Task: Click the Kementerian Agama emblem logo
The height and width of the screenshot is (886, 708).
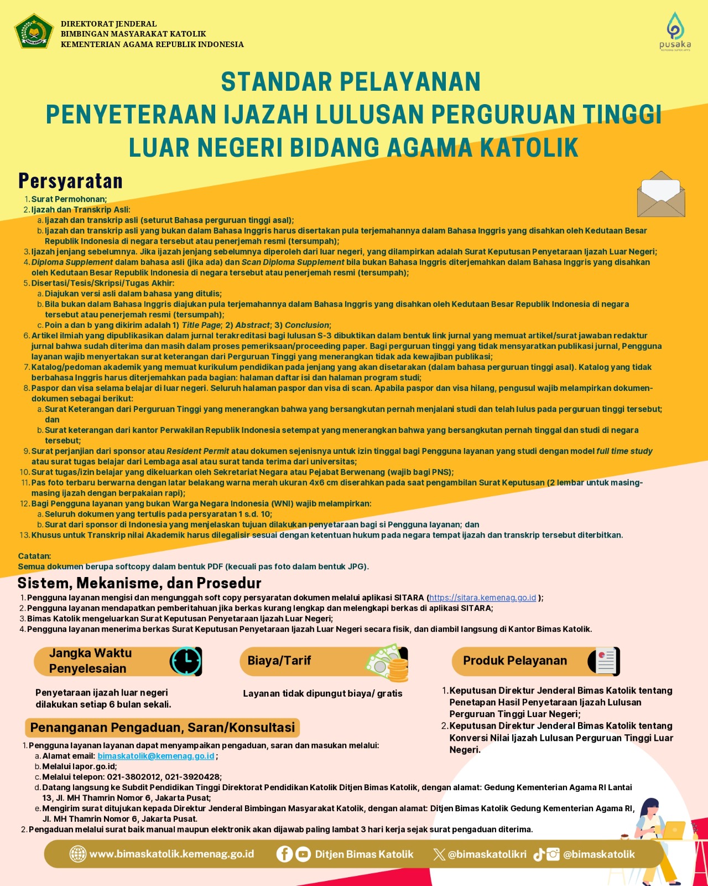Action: [x=34, y=33]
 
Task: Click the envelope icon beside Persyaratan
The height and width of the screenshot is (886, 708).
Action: [x=661, y=194]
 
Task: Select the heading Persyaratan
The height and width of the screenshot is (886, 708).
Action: [x=70, y=181]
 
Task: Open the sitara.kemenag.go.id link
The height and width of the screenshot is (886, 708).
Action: [x=482, y=597]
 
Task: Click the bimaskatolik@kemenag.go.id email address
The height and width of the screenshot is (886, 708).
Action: [x=156, y=756]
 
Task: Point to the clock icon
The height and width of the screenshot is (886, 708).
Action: [x=186, y=661]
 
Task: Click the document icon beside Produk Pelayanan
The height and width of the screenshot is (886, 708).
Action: [x=605, y=661]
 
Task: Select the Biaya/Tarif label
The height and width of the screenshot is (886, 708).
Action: [x=279, y=661]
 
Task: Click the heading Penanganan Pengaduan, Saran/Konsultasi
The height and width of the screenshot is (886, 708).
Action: [x=162, y=728]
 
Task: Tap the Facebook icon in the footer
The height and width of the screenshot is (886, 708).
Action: [x=284, y=854]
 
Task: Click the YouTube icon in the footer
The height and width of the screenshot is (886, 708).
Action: [x=303, y=854]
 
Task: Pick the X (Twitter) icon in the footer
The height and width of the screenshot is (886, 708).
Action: [x=439, y=854]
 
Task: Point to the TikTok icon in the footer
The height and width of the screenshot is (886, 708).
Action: [x=539, y=854]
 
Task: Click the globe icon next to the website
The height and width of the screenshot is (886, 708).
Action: [x=77, y=854]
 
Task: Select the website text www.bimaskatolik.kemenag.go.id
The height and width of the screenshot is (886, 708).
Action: [x=171, y=854]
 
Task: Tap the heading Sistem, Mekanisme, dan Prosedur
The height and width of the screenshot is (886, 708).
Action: [x=139, y=583]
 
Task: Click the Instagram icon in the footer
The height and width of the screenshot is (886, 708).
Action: [x=553, y=854]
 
